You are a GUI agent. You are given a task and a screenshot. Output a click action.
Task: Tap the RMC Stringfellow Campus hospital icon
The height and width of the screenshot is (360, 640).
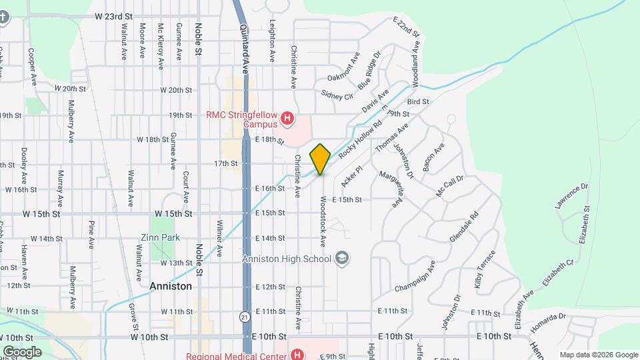click(287, 119)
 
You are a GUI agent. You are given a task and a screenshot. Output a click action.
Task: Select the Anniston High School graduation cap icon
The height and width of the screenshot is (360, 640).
click(342, 258)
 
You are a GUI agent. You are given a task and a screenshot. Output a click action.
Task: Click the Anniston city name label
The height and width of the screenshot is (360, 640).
click(170, 286)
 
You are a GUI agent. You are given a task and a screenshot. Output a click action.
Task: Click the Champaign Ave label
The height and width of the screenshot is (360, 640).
click(415, 276)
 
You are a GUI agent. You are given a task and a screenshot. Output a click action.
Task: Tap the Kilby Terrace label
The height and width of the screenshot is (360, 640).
click(485, 269)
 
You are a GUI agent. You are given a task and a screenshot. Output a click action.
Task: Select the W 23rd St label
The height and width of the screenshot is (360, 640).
click(114, 15)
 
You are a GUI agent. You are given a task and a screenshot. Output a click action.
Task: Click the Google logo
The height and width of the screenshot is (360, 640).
click(21, 351)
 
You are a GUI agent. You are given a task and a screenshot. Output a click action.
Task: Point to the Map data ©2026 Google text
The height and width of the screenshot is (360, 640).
click(598, 355)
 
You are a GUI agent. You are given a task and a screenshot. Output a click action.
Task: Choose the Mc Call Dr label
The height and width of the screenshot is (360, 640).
click(449, 185)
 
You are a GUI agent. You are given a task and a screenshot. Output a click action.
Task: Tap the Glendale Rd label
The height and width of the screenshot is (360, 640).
click(465, 227)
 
